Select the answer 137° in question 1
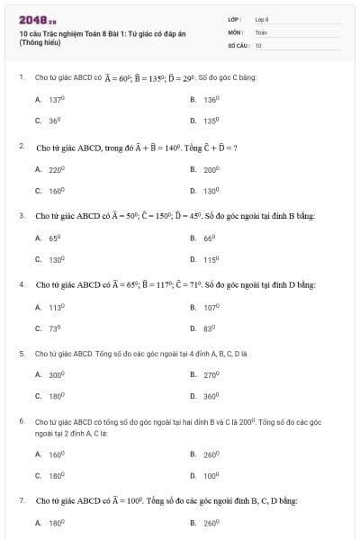point(56,99)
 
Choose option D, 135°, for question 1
point(211,119)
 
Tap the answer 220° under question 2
point(57,168)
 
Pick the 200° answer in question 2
point(211,168)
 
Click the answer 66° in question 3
point(210,238)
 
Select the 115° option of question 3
point(211,259)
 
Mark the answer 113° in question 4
point(57,307)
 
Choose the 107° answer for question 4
point(211,307)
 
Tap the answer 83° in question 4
point(210,328)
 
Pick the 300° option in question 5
point(57,374)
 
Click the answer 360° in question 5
point(211,395)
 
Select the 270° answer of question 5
point(211,374)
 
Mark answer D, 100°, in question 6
point(211,474)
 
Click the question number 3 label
point(21,215)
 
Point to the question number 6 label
point(21,421)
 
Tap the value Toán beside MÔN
point(261,31)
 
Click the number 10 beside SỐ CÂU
point(258,44)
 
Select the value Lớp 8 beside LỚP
point(262,19)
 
